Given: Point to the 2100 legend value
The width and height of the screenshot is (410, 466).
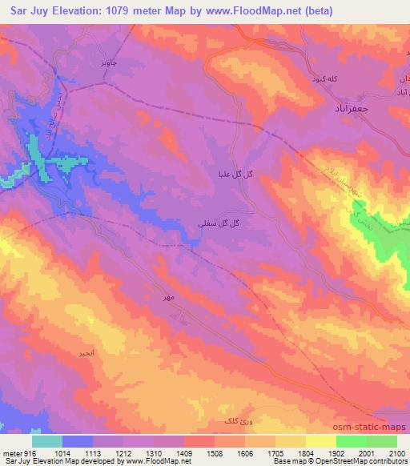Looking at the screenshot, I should (x=396, y=452).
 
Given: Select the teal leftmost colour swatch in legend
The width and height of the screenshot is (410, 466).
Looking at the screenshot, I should (x=47, y=441).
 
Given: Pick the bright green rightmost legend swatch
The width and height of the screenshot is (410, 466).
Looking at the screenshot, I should (x=382, y=441).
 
